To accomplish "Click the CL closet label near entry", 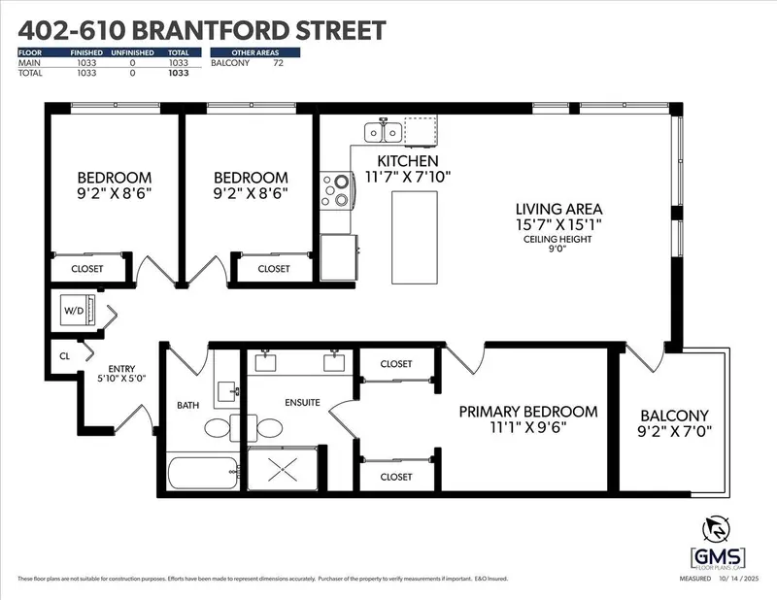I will coord(65,355).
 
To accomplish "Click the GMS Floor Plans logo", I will coord(718,544).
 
